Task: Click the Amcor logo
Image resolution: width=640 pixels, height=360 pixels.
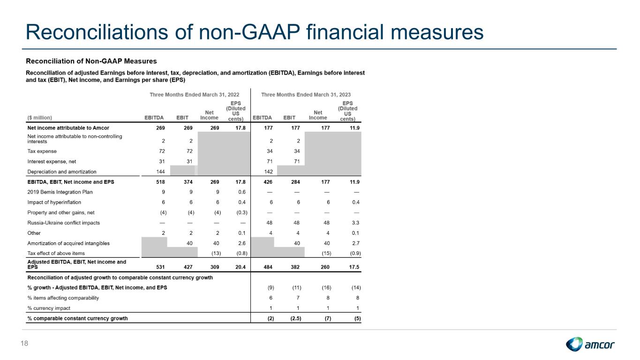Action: click(590, 344)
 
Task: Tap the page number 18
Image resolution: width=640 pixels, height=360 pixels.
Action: click(24, 344)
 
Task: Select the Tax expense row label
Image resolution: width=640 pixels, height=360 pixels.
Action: click(42, 151)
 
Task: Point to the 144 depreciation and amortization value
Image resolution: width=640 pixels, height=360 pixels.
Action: click(160, 172)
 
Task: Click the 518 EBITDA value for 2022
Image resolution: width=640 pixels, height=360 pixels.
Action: click(160, 182)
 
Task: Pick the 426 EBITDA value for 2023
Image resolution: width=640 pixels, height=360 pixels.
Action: click(268, 182)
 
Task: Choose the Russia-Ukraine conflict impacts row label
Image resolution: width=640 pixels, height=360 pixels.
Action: click(63, 223)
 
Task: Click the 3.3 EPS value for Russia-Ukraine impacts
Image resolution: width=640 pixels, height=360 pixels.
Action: click(355, 223)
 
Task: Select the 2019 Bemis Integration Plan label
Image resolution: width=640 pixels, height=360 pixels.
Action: click(60, 192)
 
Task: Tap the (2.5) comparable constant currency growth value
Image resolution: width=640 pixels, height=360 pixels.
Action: click(296, 318)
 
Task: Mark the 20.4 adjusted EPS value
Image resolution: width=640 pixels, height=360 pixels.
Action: click(240, 267)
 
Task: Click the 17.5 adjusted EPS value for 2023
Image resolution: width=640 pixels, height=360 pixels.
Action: click(354, 267)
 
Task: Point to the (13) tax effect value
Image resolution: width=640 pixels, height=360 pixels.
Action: click(216, 254)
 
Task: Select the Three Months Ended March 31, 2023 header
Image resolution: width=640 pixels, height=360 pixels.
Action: click(306, 95)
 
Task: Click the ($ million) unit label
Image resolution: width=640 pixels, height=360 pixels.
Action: click(40, 118)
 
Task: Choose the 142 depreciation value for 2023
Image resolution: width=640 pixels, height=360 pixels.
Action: click(268, 172)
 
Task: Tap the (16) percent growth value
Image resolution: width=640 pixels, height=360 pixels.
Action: click(326, 288)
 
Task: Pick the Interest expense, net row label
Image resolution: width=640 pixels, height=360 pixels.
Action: click(52, 161)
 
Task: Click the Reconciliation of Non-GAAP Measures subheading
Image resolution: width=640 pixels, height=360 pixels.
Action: click(91, 61)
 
